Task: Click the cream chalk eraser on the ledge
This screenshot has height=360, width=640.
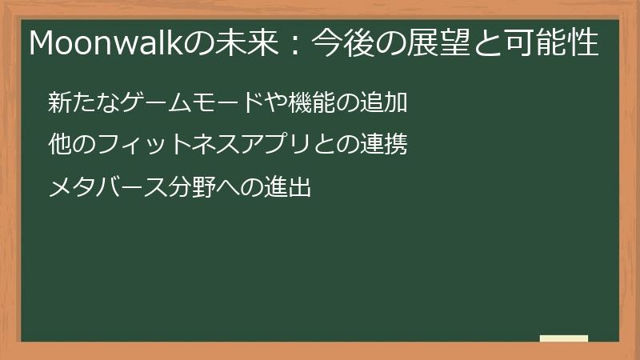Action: click(x=563, y=338)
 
